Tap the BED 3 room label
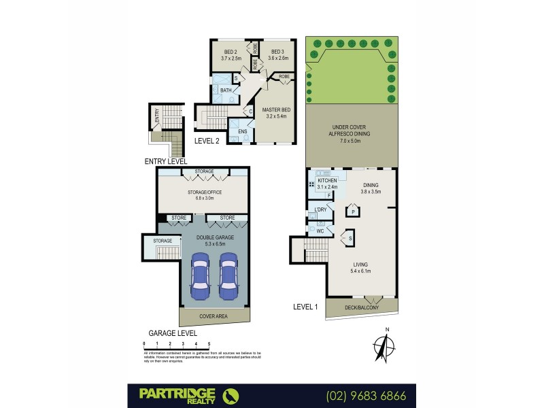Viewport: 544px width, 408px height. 277,52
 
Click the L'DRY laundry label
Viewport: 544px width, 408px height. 320,210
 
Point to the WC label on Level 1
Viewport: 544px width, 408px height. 319,231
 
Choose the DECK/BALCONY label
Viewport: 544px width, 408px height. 362,307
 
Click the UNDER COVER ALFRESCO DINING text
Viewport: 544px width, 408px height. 350,131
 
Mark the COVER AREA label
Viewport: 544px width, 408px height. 213,316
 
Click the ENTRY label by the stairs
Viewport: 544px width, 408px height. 157,116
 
